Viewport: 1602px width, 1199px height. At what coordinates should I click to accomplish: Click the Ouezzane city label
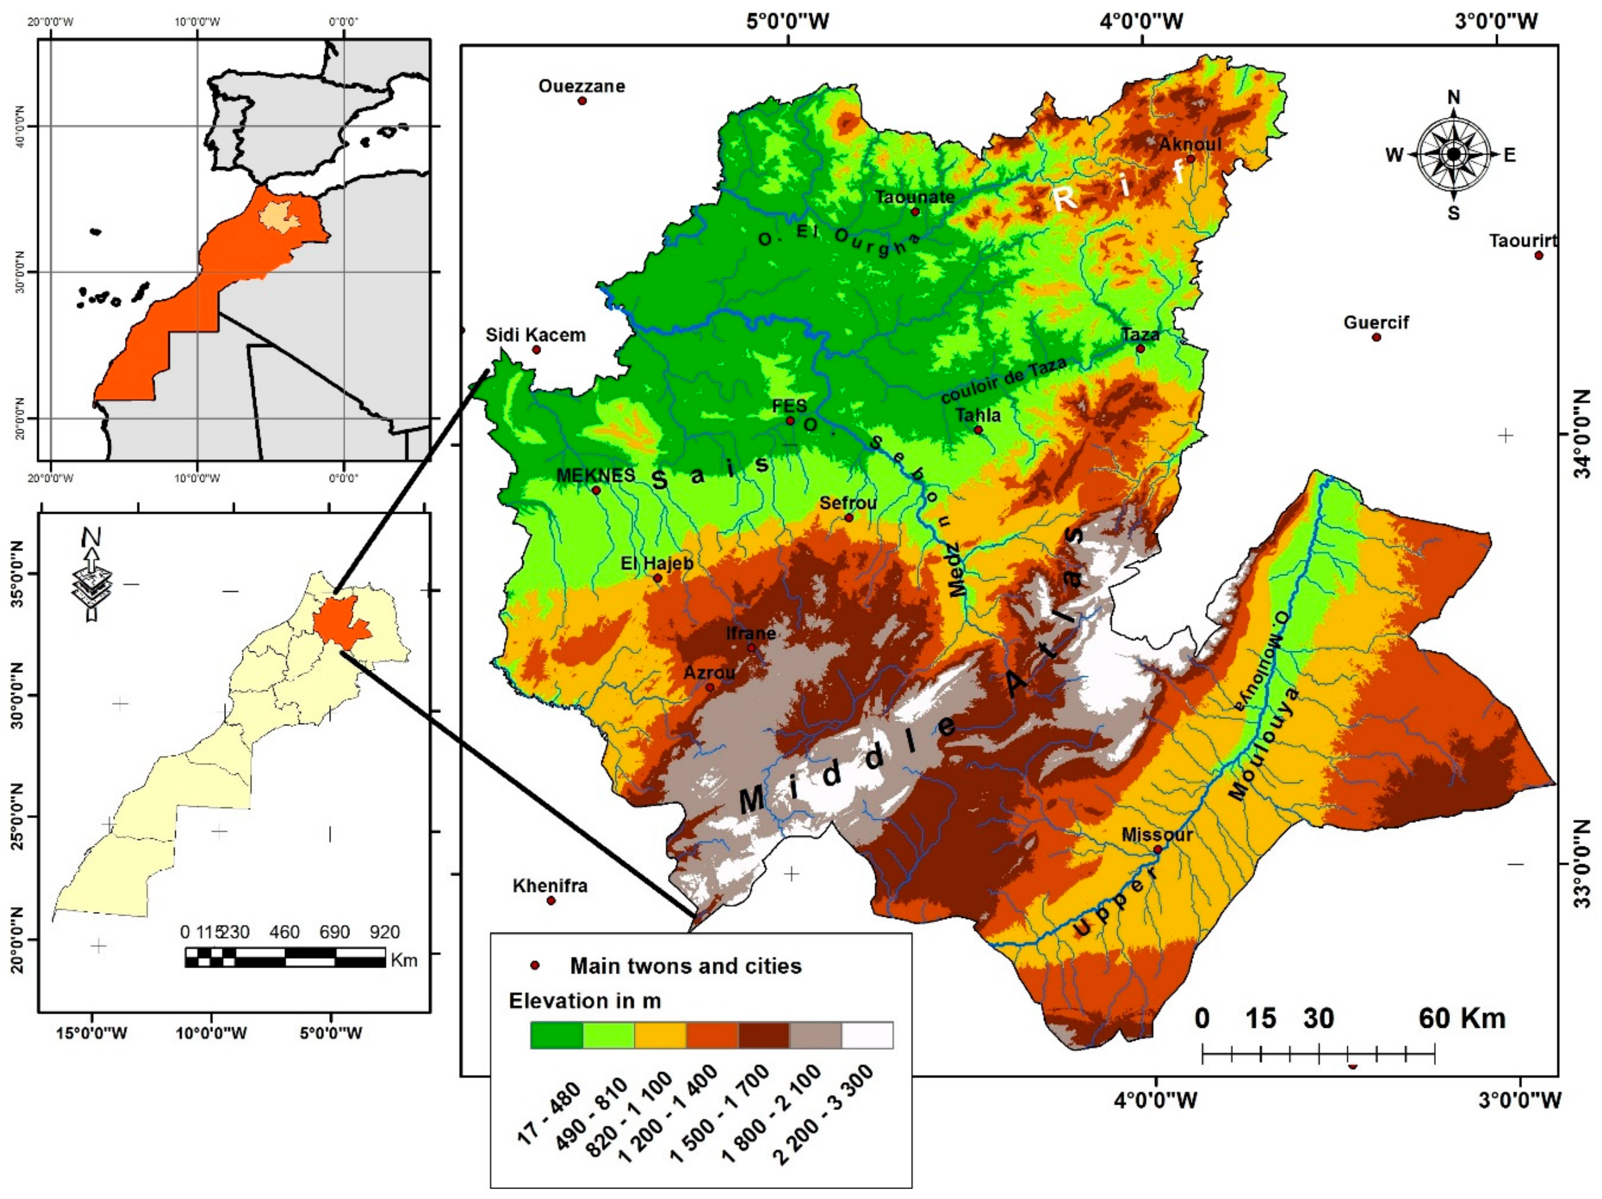pyautogui.click(x=581, y=86)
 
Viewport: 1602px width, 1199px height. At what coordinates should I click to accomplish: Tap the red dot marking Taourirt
pyautogui.click(x=1538, y=255)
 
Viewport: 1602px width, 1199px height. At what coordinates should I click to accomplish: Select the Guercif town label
pyautogui.click(x=1376, y=322)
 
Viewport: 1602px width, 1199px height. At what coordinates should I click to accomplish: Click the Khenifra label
pyautogui.click(x=550, y=885)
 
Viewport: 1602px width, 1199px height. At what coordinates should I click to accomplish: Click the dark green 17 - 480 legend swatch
pyautogui.click(x=556, y=1035)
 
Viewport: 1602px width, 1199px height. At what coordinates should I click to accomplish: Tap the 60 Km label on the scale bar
pyautogui.click(x=1461, y=1018)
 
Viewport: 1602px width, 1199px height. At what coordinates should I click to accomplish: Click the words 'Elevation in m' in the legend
pyautogui.click(x=584, y=1001)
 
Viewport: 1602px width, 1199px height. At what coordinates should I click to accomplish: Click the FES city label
pyautogui.click(x=789, y=406)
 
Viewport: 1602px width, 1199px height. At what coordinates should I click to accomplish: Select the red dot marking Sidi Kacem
pyautogui.click(x=536, y=350)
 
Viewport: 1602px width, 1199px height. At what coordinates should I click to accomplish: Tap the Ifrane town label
pyautogui.click(x=751, y=633)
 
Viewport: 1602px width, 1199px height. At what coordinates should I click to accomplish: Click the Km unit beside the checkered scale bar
pyautogui.click(x=404, y=960)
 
